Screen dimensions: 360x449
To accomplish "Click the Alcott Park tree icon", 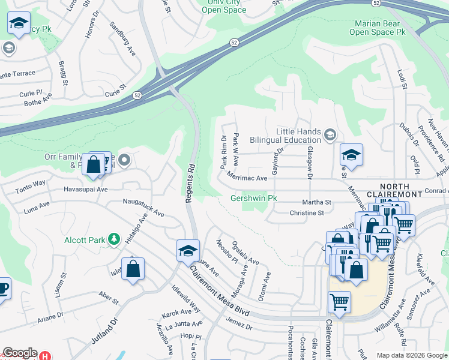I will tap(114, 240).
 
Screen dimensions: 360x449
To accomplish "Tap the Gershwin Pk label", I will tap(255, 199).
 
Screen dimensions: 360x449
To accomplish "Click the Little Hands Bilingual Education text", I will tap(298, 136).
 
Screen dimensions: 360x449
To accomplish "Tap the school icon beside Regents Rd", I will tap(188, 250).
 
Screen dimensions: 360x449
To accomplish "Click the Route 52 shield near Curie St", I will tap(137, 95).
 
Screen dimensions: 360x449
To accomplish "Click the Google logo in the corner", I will tap(20, 353).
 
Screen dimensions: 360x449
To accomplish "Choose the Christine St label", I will tap(306, 213).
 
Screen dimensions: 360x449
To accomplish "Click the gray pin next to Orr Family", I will tap(124, 160).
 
